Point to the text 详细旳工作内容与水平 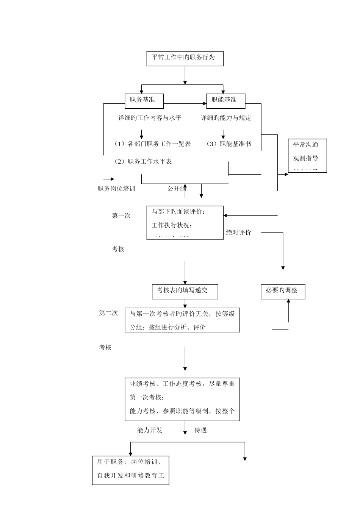[150, 118]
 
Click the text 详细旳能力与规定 [226, 118]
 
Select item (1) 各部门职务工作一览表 [152, 144]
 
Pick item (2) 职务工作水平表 [143, 162]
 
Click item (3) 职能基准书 [229, 144]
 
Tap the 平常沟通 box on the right [307, 156]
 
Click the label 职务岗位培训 [116, 189]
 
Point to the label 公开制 [177, 189]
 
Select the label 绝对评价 [239, 233]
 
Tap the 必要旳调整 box [283, 291]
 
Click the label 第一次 [121, 216]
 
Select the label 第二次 [109, 314]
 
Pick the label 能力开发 [150, 430]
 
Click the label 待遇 [200, 430]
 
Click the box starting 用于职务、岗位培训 [130, 470]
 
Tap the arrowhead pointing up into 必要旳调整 [288, 301]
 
